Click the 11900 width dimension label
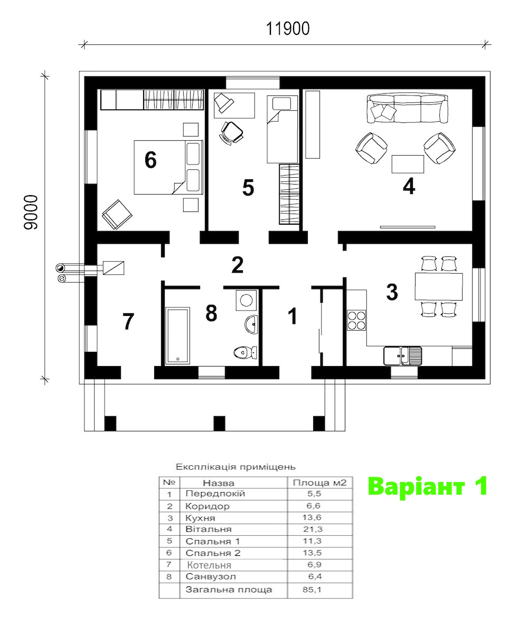(x=288, y=29)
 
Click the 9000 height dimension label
(x=31, y=212)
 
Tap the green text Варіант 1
(x=427, y=487)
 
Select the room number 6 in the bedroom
(x=150, y=160)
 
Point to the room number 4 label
(x=409, y=187)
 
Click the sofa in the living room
(x=407, y=108)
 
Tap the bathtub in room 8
(x=177, y=335)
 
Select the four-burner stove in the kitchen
(x=356, y=320)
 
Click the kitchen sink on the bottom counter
(x=402, y=356)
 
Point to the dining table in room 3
(x=438, y=286)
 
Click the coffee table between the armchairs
(x=408, y=164)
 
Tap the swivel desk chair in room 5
(x=231, y=131)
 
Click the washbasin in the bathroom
(x=252, y=323)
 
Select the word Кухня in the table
(x=200, y=518)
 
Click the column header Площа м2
(x=319, y=482)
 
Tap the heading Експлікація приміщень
(x=236, y=467)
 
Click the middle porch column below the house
(x=220, y=423)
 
